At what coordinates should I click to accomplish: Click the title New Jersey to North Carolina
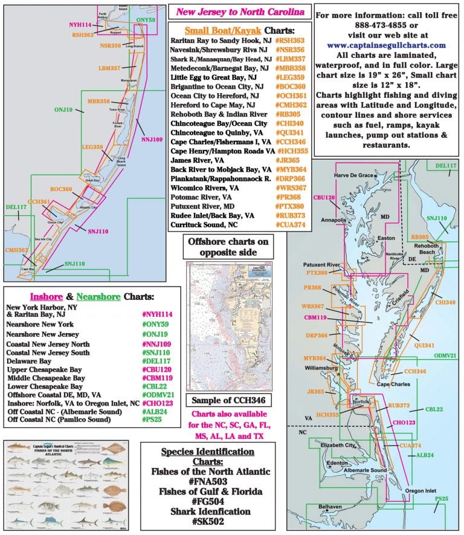pyautogui.click(x=240, y=11)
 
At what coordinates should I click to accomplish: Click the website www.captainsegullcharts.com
pyautogui.click(x=386, y=45)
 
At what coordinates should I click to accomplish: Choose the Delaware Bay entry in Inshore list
pyautogui.click(x=28, y=361)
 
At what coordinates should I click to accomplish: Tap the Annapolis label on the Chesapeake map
pyautogui.click(x=333, y=220)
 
